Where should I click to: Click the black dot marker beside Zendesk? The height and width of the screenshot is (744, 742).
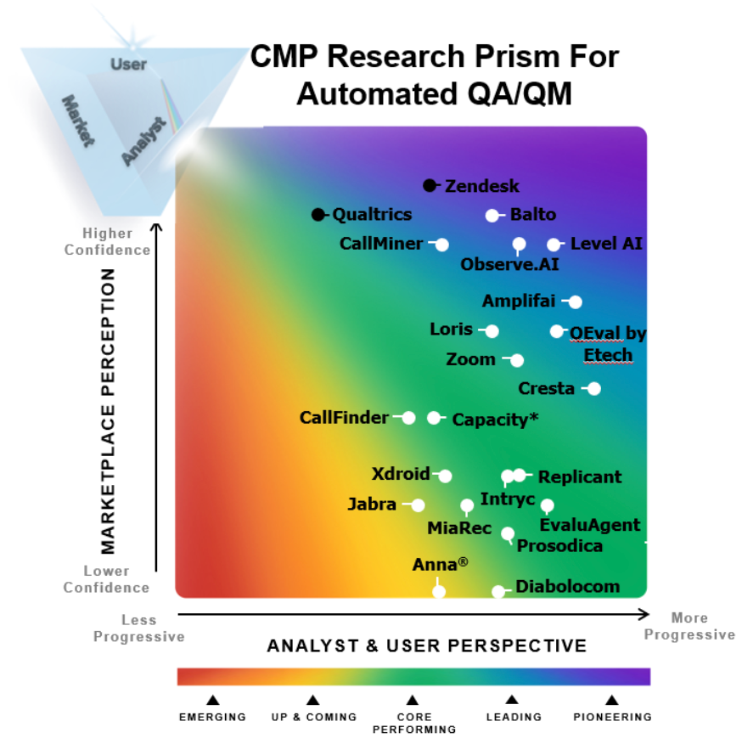(x=430, y=185)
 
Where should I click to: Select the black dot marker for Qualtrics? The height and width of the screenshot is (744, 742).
(x=318, y=214)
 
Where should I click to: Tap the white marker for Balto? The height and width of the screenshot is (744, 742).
(x=492, y=215)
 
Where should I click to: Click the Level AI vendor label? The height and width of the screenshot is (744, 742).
(x=606, y=244)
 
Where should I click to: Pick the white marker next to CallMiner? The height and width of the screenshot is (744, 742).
(x=442, y=245)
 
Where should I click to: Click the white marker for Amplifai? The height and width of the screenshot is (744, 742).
(x=576, y=302)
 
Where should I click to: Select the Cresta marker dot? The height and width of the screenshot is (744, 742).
(x=594, y=388)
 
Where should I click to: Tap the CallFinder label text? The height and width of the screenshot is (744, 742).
(x=344, y=417)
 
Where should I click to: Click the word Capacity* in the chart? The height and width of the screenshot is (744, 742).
(x=495, y=419)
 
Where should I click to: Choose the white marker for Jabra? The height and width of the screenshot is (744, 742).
(x=418, y=504)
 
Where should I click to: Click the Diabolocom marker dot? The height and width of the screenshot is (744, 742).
(x=498, y=591)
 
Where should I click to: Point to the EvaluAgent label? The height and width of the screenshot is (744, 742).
(x=590, y=525)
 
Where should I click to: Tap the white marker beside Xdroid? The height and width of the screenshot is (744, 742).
(x=445, y=476)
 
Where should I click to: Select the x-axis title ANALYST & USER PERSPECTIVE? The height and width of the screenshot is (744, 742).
(x=427, y=646)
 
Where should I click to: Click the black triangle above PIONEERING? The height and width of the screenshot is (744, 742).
(x=611, y=701)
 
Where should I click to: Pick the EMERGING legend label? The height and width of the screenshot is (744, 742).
(x=212, y=717)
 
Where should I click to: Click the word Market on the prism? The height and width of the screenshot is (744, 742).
(x=77, y=121)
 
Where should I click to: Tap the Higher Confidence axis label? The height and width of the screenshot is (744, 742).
(x=108, y=241)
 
